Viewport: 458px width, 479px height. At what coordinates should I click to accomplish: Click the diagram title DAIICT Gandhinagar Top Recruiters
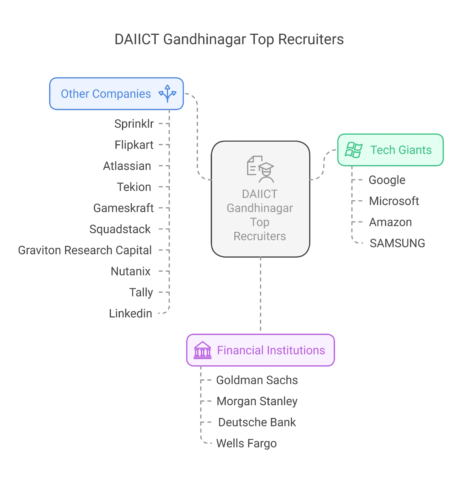(229, 39)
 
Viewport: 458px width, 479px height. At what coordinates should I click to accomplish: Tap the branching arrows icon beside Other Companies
(167, 94)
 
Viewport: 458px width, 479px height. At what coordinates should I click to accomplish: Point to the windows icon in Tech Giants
(354, 150)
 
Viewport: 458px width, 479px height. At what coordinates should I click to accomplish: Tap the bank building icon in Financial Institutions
(203, 350)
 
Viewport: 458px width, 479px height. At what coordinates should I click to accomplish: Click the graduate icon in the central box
(260, 169)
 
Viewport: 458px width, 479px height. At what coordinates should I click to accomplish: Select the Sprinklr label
(134, 124)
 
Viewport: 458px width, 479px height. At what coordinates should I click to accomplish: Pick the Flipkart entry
(134, 145)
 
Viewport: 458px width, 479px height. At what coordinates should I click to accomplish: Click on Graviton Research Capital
(85, 250)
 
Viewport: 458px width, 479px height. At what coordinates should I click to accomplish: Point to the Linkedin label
(130, 313)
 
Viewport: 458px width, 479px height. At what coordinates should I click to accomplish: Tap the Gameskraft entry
(123, 208)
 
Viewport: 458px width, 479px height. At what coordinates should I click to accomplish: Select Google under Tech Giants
(387, 180)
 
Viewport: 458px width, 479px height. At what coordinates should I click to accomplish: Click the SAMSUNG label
(397, 243)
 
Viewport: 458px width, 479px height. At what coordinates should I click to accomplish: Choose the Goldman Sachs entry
(257, 380)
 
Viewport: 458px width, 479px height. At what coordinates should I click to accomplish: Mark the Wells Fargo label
(246, 443)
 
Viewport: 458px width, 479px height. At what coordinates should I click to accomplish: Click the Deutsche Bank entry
(257, 422)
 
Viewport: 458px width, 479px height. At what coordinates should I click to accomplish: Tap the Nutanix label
(131, 271)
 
